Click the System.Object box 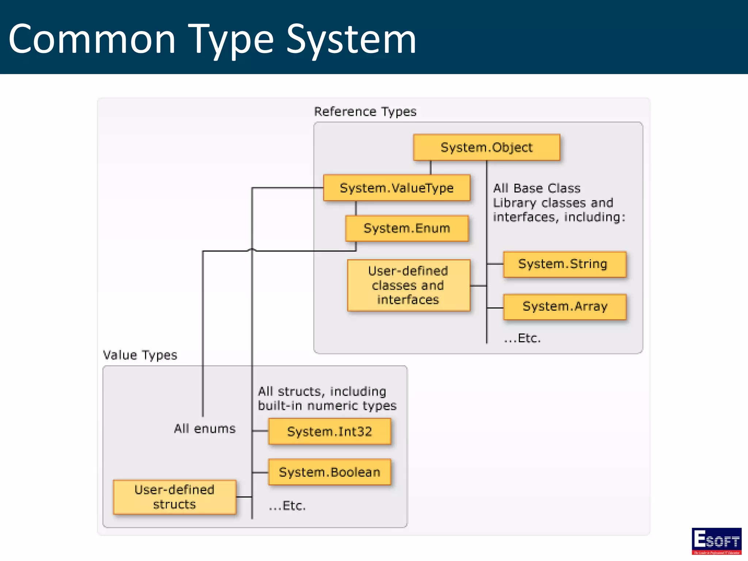[486, 148]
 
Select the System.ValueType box [397, 188]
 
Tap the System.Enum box [407, 229]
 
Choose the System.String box [564, 264]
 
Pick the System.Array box [565, 306]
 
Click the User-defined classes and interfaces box [408, 285]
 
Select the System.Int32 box [329, 432]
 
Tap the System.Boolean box [329, 472]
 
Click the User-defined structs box [175, 497]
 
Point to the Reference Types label [365, 111]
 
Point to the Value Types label [140, 355]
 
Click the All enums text [205, 428]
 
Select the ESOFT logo [716, 541]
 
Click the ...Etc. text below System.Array [522, 338]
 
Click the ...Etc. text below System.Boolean [287, 506]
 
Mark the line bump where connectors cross [252, 250]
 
